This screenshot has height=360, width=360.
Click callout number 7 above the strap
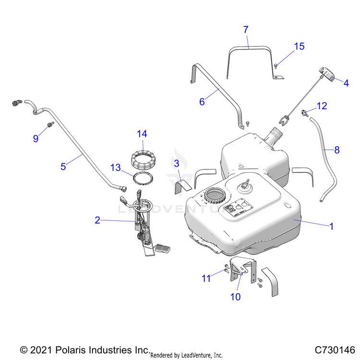pyautogui.click(x=246, y=30)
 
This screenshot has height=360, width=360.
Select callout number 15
pyautogui.click(x=299, y=47)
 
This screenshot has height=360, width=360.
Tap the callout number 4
pyautogui.click(x=346, y=83)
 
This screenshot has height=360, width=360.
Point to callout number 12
pyautogui.click(x=322, y=106)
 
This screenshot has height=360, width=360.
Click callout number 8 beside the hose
pyautogui.click(x=336, y=150)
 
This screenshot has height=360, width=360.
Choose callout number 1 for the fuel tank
pyautogui.click(x=331, y=226)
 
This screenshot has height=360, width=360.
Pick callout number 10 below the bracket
pyautogui.click(x=235, y=297)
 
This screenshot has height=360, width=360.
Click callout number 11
pyautogui.click(x=206, y=278)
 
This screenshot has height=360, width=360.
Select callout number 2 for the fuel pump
pyautogui.click(x=97, y=220)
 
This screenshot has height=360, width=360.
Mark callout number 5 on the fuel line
pyautogui.click(x=63, y=166)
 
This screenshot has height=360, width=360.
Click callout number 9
pyautogui.click(x=36, y=139)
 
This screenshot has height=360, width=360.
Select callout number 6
pyautogui.click(x=202, y=101)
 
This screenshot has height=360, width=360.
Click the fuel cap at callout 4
pyautogui.click(x=326, y=74)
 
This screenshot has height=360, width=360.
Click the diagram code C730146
pyautogui.click(x=335, y=349)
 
